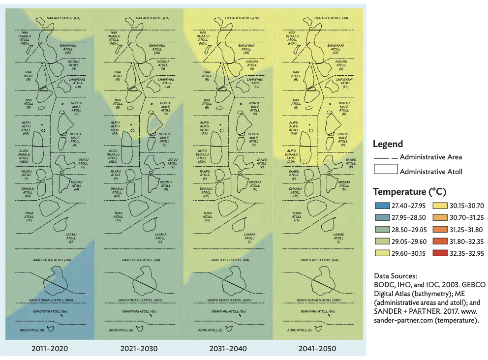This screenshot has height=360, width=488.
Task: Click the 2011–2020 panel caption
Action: point(50,349)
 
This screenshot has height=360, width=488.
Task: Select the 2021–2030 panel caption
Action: point(139,349)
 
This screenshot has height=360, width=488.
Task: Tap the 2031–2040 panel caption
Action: point(229,349)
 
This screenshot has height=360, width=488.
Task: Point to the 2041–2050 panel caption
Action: point(318,349)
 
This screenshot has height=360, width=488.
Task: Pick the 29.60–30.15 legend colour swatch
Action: point(382,254)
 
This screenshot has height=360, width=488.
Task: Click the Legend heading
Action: point(388,145)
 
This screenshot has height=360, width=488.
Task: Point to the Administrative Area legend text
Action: point(431,157)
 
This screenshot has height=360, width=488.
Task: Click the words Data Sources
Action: point(396,276)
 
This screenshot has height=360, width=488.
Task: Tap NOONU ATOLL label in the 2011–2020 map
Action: point(73,64)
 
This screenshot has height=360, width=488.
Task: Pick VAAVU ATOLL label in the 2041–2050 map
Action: point(351,163)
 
